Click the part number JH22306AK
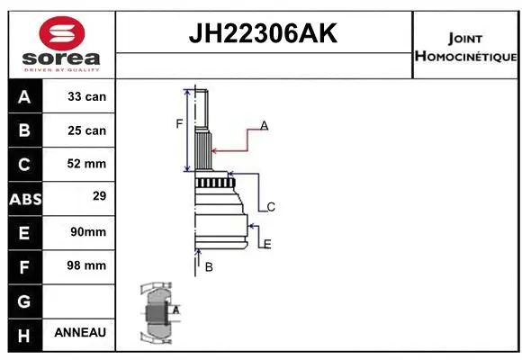pos(263,33)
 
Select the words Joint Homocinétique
pos(465,48)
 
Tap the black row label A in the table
pos(24,96)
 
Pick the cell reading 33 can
pos(87,96)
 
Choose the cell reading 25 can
pos(87,130)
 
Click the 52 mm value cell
pos(87,164)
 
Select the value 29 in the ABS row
pos(87,195)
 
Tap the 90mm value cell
pos(87,232)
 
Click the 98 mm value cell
pos(87,265)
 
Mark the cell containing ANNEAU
pos(80,332)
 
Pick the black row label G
pos(24,300)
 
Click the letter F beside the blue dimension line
pos(179,123)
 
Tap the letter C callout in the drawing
pos(270,207)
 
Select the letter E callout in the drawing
pos(267,244)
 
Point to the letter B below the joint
pos(208,266)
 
